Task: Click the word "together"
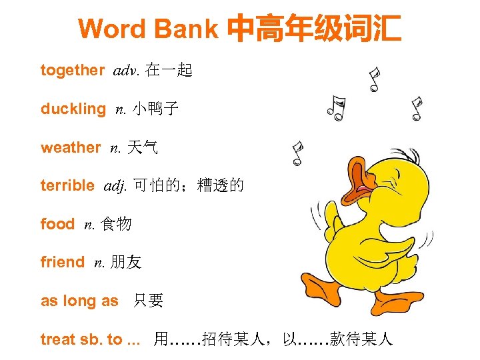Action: point(72,71)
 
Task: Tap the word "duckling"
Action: point(73,109)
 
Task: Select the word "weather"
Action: point(71,148)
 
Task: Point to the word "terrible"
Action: point(67,186)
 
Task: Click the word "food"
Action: point(57,225)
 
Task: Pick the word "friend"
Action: point(63,263)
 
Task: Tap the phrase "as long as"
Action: point(79,301)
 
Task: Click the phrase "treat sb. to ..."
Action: point(91,340)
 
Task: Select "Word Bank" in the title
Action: point(148,29)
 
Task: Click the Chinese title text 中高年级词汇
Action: point(314,29)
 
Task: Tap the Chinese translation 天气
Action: point(144,148)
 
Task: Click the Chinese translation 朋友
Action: point(126,263)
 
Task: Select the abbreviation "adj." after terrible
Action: point(115,187)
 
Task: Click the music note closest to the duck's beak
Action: point(297,153)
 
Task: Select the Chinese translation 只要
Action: point(148,301)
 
